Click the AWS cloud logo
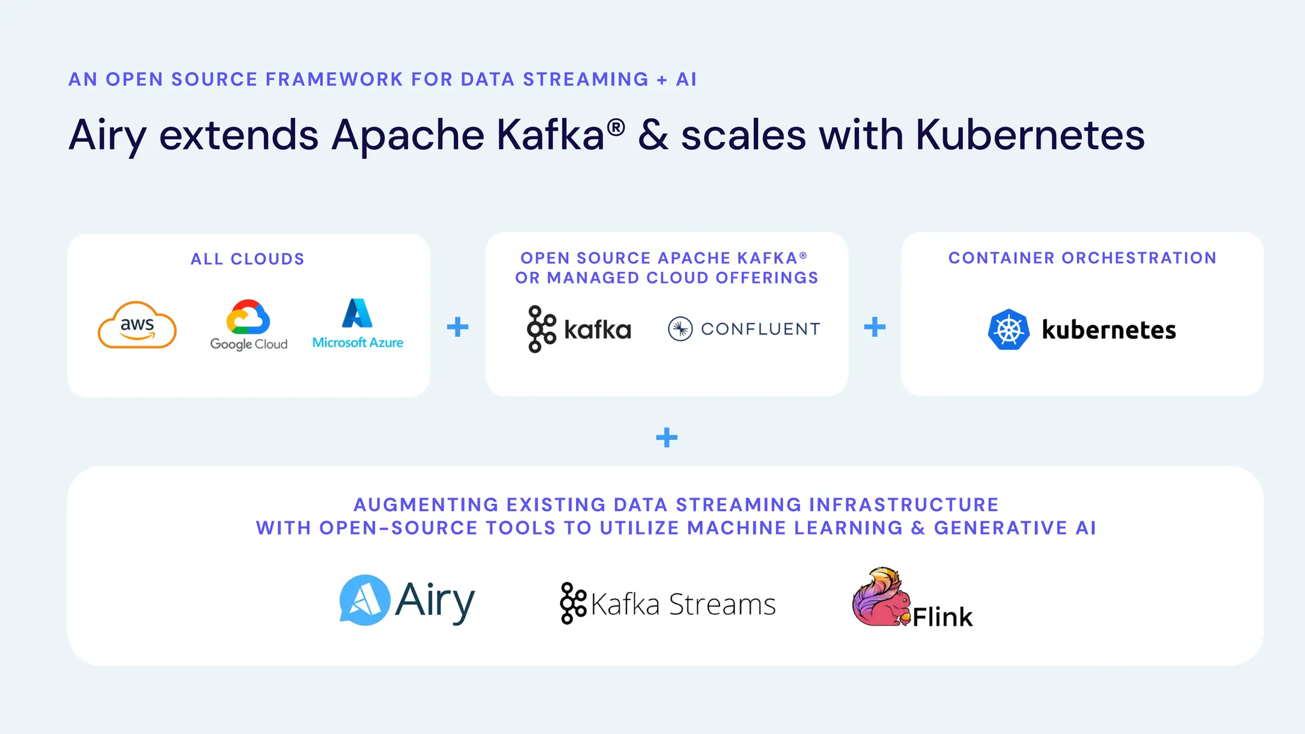coord(137,326)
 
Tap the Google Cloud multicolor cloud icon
coord(249,317)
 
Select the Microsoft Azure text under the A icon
coord(357,343)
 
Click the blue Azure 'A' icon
coord(357,313)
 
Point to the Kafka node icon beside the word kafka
coord(541,329)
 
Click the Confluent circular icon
coord(680,329)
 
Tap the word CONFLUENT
coord(760,329)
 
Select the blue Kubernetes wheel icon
coord(1009,329)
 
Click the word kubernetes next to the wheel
coord(1109,330)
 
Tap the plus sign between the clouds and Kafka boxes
coord(458,327)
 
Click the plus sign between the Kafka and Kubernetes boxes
coord(875,327)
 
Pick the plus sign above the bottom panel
coord(667,438)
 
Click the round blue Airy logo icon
coord(364,600)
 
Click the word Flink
coord(942,617)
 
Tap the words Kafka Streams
coord(683,604)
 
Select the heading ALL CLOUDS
coord(248,259)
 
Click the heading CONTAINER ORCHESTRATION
coord(1082,258)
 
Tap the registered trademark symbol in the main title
coord(616,127)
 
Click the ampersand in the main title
coord(653,136)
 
